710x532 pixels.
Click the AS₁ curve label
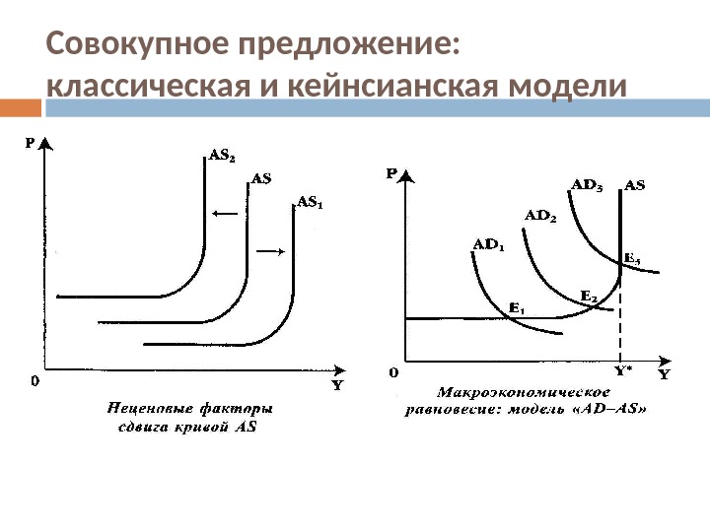pyautogui.click(x=310, y=203)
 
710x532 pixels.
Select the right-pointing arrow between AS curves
pyautogui.click(x=271, y=252)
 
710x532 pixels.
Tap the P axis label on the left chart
pyautogui.click(x=31, y=142)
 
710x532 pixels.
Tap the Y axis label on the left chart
pyautogui.click(x=336, y=385)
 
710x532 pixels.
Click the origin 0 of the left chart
pyautogui.click(x=35, y=380)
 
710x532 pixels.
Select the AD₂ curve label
pyautogui.click(x=539, y=215)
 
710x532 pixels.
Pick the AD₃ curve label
pyautogui.click(x=588, y=184)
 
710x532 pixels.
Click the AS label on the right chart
pyautogui.click(x=634, y=184)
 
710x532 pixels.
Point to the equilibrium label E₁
pyautogui.click(x=516, y=308)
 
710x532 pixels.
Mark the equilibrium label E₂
pyautogui.click(x=588, y=295)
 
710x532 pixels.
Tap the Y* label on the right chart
pyautogui.click(x=623, y=371)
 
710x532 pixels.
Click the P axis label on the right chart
pyautogui.click(x=391, y=174)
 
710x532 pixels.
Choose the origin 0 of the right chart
pyautogui.click(x=393, y=372)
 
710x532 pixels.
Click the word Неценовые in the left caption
pyautogui.click(x=148, y=407)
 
